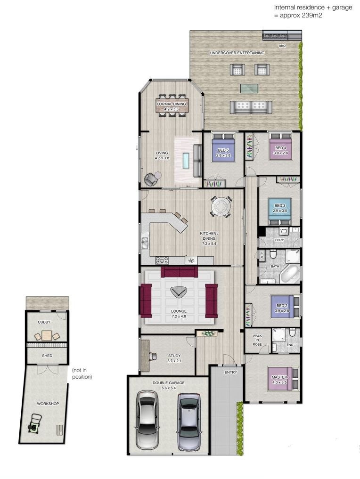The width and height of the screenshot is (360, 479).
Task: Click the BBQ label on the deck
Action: pyautogui.click(x=282, y=46)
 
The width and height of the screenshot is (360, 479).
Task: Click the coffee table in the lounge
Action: pyautogui.click(x=178, y=292)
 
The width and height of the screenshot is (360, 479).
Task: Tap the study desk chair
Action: pyautogui.click(x=154, y=356)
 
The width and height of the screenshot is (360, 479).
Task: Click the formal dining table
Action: pyautogui.click(x=172, y=106)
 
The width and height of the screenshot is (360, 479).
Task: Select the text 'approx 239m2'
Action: pyautogui.click(x=301, y=15)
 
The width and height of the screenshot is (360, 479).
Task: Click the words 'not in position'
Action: pyautogui.click(x=82, y=373)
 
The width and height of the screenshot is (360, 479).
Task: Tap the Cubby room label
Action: pyautogui.click(x=44, y=322)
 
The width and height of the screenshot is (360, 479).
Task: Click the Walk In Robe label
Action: pyautogui.click(x=257, y=340)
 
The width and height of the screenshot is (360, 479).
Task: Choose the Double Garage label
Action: pyautogui.click(x=169, y=383)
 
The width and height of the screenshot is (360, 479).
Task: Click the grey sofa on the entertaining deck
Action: pyautogui.click(x=251, y=106)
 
